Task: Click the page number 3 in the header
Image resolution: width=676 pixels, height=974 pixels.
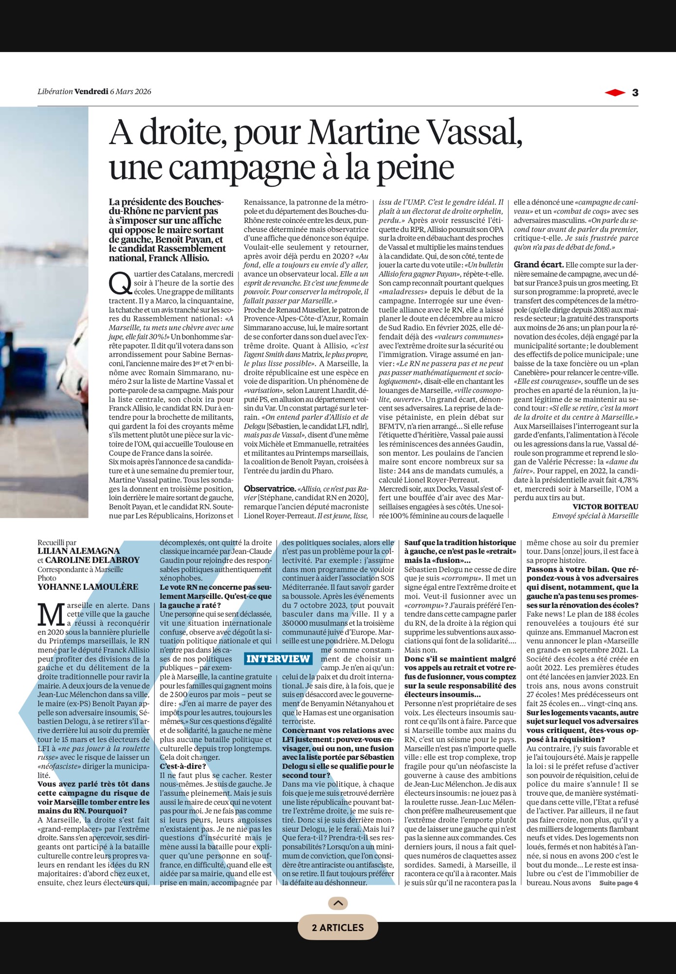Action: [x=635, y=93]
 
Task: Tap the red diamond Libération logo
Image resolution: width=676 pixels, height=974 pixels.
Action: [x=615, y=93]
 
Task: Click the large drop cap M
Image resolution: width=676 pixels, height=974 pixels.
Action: [x=51, y=615]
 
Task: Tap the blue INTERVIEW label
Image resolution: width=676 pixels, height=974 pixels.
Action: [x=278, y=659]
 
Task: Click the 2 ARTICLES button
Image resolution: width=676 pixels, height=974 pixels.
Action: [x=338, y=928]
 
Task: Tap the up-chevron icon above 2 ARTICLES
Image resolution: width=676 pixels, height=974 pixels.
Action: [x=338, y=903]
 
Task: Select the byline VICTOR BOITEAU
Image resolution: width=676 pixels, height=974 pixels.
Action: [x=605, y=506]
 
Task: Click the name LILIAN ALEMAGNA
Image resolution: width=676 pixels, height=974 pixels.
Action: [x=78, y=551]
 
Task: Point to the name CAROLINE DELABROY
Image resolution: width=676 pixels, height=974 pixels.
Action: [x=92, y=560]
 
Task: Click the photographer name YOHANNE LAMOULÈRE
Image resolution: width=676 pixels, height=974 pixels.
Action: [x=88, y=587]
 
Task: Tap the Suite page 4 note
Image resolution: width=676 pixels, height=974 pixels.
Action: [x=618, y=883]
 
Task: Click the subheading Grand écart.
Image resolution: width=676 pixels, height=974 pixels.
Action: [x=538, y=265]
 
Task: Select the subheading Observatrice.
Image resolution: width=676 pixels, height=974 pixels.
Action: [x=270, y=488]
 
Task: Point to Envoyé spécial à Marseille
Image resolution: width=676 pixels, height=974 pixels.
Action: [x=595, y=516]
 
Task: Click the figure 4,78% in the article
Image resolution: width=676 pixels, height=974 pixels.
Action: [x=626, y=480]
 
